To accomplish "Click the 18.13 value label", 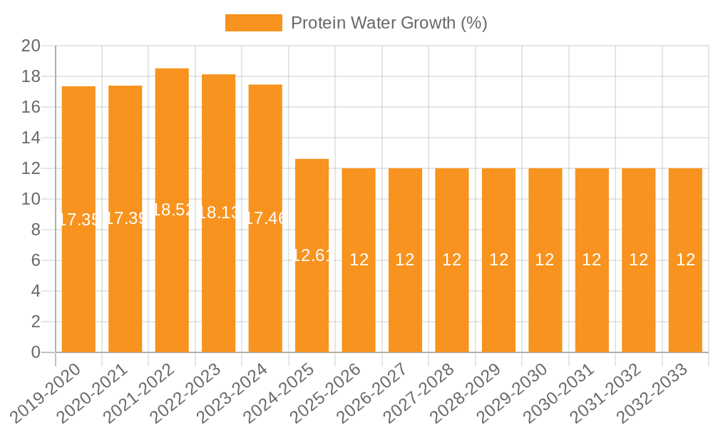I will coord(219,213).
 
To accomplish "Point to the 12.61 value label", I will coord(312,255).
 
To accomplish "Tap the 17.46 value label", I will coord(265,218).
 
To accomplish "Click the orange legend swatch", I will coord(253,23).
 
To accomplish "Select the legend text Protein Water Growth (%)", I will coord(389,23).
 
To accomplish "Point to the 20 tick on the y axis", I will coord(31,46).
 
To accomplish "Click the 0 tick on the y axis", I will coord(36,352).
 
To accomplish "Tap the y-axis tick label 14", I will coord(31,138).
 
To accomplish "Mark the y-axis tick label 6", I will coord(36,260).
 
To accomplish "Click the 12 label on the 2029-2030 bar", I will coord(545,260).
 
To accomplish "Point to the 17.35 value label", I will coord(78,220).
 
